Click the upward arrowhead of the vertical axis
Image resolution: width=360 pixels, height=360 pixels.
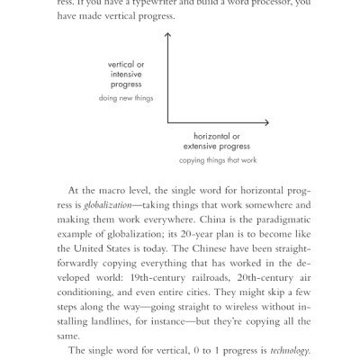click(x=167, y=34)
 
